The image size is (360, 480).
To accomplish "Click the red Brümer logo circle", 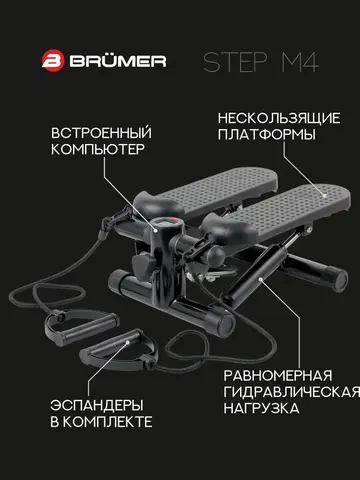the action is (x=53, y=61).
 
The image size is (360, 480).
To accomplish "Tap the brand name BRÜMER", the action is (x=118, y=61).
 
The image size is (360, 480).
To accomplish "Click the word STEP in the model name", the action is (x=235, y=62).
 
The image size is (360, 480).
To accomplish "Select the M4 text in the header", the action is (x=300, y=62).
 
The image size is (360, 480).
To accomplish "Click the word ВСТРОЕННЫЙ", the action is (x=101, y=133).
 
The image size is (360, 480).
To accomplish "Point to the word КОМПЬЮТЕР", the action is (x=98, y=149).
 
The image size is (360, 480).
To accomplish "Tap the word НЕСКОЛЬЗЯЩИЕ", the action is (x=279, y=118).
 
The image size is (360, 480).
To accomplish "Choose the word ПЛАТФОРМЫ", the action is (x=267, y=135).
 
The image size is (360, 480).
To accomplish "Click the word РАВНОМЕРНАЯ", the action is (x=278, y=376).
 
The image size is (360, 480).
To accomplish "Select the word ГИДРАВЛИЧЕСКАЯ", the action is (x=292, y=392).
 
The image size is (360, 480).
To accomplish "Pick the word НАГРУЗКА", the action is (x=261, y=408).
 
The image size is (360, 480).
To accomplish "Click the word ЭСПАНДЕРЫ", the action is (x=97, y=406).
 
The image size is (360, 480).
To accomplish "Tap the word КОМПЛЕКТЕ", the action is (x=108, y=422).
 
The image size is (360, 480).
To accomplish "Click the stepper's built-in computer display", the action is (x=167, y=223).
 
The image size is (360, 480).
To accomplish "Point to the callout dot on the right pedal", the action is (x=325, y=196).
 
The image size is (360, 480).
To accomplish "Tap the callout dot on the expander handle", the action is (x=127, y=342).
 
